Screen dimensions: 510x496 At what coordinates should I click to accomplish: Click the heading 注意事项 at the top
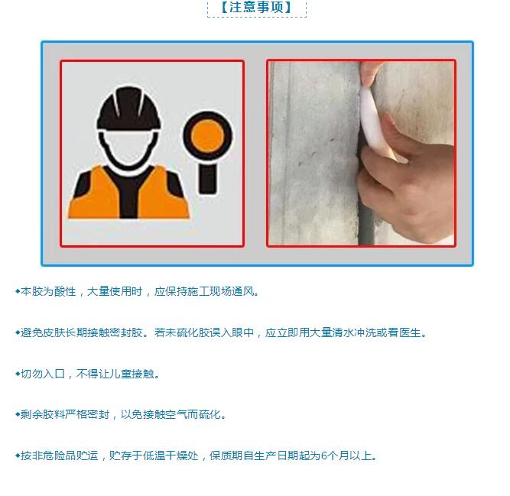pyautogui.click(x=257, y=7)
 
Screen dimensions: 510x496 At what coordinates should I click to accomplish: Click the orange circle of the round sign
pyautogui.click(x=207, y=135)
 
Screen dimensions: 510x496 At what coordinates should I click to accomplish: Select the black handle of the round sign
pyautogui.click(x=207, y=178)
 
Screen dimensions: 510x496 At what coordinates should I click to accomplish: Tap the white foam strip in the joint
pyautogui.click(x=374, y=124)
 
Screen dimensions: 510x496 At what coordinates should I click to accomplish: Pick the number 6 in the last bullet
pyautogui.click(x=323, y=455)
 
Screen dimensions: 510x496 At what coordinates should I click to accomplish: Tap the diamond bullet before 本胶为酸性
pyautogui.click(x=18, y=291)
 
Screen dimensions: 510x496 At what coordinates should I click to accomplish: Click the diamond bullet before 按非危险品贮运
pyautogui.click(x=18, y=455)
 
